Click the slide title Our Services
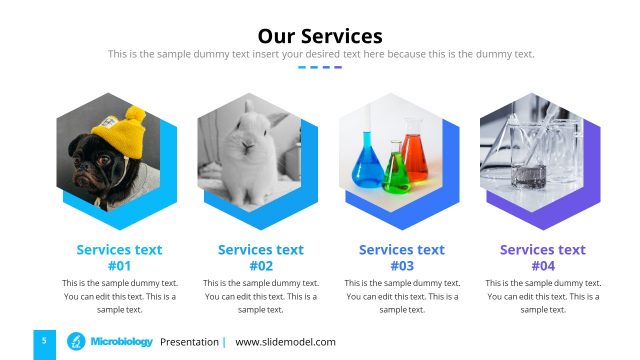(320, 37)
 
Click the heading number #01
(119, 266)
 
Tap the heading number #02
(260, 266)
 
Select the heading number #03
(402, 266)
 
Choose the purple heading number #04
(543, 266)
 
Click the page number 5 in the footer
(44, 342)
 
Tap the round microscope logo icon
(75, 342)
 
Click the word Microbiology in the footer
(121, 342)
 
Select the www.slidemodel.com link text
(285, 342)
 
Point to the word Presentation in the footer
(189, 342)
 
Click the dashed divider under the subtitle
(320, 67)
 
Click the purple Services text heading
(543, 250)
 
